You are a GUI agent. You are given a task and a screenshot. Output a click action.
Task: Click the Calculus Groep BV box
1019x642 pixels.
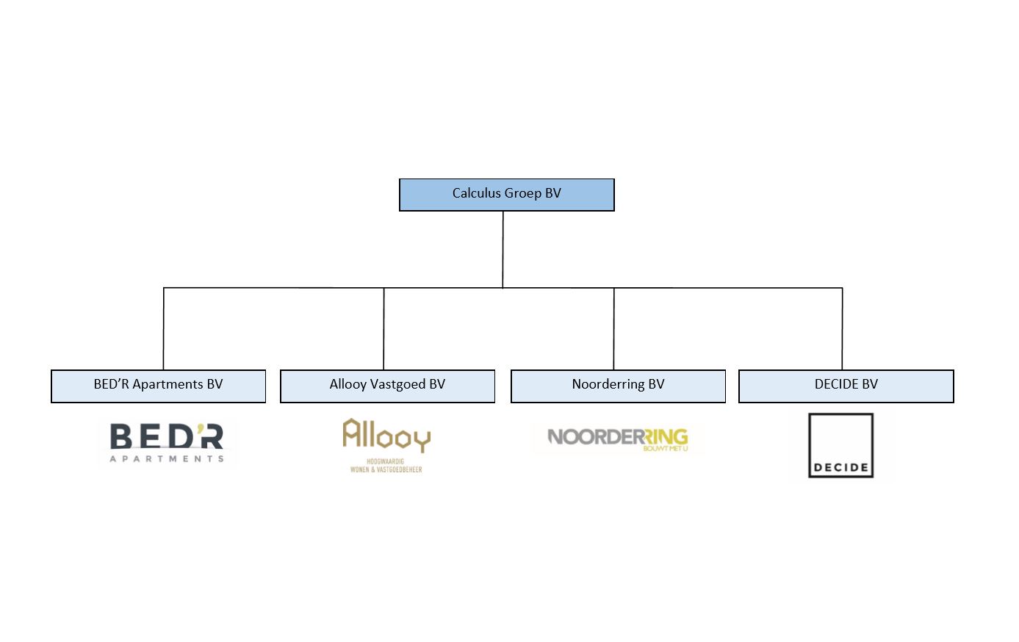[507, 195]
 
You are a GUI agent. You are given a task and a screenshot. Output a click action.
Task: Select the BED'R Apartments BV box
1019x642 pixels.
[158, 386]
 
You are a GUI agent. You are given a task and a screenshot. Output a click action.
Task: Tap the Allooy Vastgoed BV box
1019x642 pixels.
[388, 386]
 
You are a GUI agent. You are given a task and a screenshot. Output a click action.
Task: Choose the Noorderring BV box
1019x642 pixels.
[618, 386]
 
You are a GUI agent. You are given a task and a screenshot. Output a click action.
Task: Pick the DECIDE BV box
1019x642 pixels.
[846, 386]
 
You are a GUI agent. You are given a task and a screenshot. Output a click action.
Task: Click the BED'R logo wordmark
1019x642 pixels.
[167, 436]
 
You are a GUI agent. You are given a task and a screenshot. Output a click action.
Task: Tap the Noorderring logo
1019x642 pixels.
[618, 439]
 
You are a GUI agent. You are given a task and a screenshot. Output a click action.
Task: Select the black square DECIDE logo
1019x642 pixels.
[840, 445]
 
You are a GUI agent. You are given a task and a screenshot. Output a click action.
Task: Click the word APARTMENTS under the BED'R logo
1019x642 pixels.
[167, 458]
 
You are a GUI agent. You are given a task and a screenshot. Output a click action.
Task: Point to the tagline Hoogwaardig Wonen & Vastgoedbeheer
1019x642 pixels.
[386, 466]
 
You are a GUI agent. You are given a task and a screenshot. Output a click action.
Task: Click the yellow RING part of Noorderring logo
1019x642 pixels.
[666, 437]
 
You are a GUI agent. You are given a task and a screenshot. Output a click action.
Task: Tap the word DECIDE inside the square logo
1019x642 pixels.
[840, 467]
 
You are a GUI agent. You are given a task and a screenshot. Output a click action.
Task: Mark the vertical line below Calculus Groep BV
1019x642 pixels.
[503, 250]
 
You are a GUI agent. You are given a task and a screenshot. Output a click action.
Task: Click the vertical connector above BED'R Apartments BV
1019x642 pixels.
[163, 329]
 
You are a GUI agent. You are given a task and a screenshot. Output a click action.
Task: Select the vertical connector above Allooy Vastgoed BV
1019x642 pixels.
[384, 329]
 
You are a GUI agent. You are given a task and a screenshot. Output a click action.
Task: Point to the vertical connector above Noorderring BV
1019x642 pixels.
[613, 329]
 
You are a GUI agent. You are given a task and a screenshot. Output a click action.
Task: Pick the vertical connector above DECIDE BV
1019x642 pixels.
[842, 329]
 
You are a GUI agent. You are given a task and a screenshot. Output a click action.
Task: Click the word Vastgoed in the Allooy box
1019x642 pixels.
[397, 385]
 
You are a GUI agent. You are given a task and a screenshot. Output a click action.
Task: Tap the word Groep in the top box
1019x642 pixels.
[522, 194]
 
